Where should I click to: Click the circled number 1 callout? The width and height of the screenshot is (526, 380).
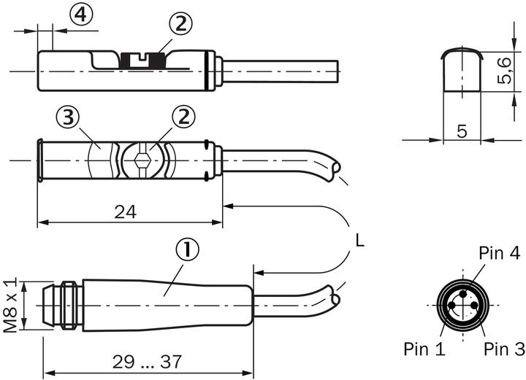click(187, 252)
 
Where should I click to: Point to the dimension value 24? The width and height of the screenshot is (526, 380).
click(125, 212)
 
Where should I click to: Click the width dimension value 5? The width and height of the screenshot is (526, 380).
click(461, 131)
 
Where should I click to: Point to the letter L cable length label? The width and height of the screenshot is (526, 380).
click(359, 240)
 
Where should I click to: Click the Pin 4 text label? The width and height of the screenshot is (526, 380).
click(499, 253)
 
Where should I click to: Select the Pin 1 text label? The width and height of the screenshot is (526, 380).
click(424, 349)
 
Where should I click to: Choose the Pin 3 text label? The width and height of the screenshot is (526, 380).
click(504, 349)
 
